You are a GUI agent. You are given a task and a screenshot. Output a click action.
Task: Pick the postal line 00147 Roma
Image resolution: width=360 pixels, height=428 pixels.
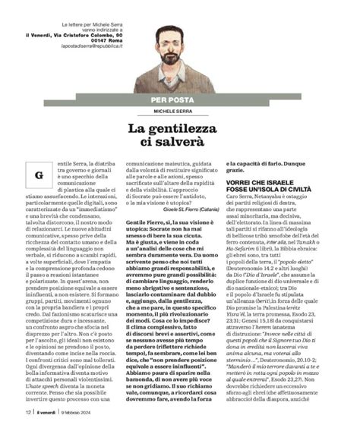(x=96, y=40)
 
